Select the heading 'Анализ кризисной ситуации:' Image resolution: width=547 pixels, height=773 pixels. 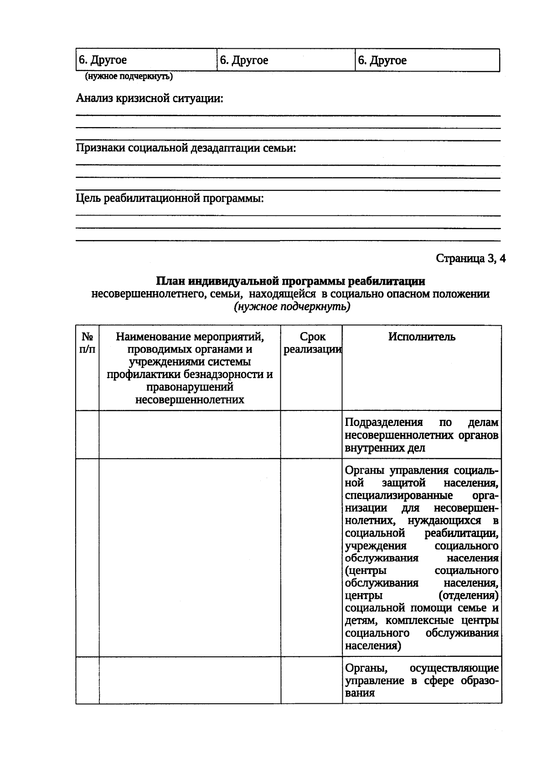150,98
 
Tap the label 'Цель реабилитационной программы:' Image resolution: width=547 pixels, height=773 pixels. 170,199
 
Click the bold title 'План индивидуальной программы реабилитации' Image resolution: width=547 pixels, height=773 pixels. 290,281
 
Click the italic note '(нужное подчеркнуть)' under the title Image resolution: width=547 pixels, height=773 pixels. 292,307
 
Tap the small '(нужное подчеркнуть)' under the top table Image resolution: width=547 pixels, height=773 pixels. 129,77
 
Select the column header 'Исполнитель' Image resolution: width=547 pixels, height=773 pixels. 422,337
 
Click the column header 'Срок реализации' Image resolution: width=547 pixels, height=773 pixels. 312,343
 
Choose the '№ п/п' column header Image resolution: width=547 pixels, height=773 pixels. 88,343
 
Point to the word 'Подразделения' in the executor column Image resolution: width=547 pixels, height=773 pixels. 384,422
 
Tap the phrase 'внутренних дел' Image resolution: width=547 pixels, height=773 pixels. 385,448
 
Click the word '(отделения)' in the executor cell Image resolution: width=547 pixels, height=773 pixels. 468,595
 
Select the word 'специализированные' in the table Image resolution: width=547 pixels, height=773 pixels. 399,495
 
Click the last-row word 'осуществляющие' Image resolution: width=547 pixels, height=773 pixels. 454,668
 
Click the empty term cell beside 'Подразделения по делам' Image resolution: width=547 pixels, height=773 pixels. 311,435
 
